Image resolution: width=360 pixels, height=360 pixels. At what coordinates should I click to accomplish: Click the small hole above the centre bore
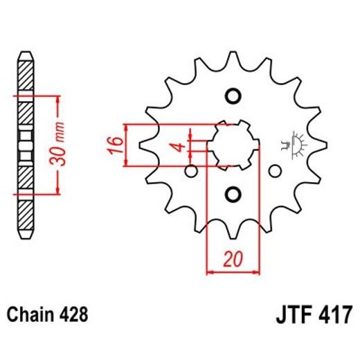tap(233, 95)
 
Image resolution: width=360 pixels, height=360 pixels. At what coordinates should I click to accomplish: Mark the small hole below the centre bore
tap(233, 192)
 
